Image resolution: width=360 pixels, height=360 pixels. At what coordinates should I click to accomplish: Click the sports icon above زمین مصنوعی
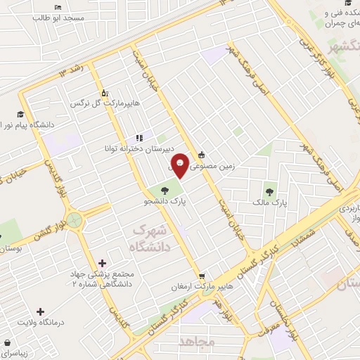pyautogui.click(x=202, y=155)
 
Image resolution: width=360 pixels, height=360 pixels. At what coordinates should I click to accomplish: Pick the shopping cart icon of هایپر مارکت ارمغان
pyautogui.click(x=202, y=276)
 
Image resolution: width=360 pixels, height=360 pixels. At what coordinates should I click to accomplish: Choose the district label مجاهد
pyautogui.click(x=196, y=342)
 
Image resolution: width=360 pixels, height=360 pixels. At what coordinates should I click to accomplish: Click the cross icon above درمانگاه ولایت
pyautogui.click(x=40, y=311)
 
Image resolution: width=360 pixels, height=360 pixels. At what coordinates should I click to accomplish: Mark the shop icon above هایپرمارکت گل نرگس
pyautogui.click(x=105, y=92)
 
